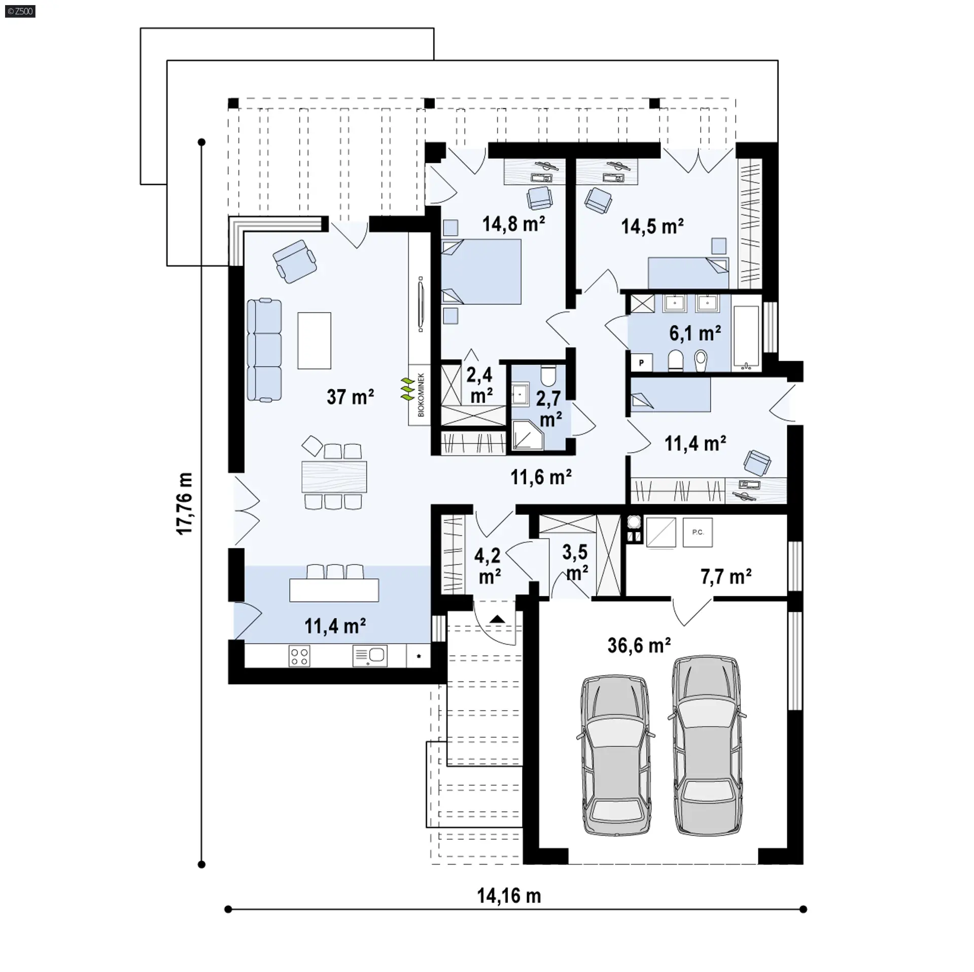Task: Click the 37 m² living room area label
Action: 351,397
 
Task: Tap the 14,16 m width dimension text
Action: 509,896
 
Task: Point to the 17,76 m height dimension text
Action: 185,503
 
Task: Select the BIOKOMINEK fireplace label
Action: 421,395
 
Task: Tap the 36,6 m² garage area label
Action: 639,645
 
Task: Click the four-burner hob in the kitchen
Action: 299,655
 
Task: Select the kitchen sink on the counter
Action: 370,655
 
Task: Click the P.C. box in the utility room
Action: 698,532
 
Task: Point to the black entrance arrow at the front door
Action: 497,618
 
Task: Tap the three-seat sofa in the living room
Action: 264,350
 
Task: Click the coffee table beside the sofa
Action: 315,340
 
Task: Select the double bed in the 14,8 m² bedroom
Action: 481,271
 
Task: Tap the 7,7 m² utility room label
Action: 726,577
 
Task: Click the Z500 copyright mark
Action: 20,11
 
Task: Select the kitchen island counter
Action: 334,590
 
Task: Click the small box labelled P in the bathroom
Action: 641,362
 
